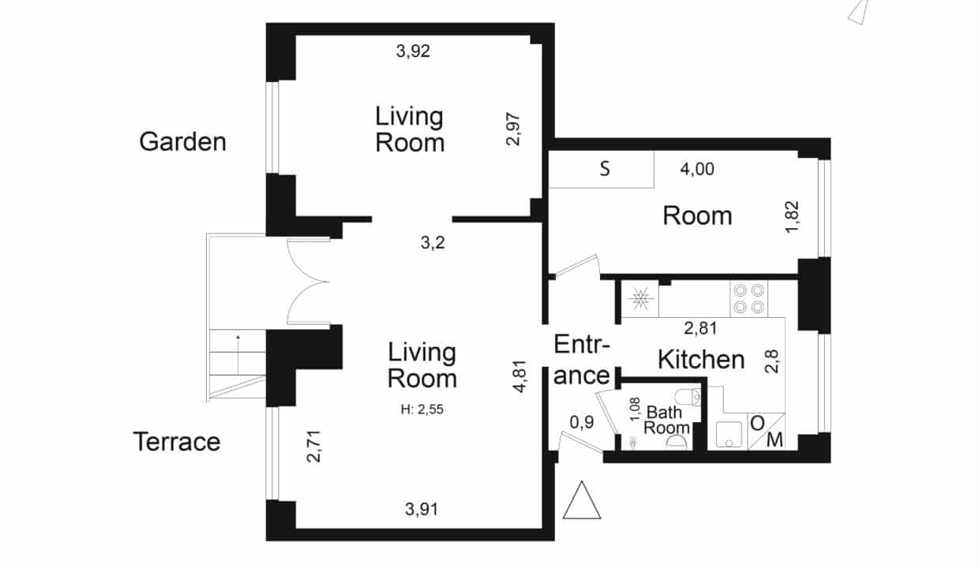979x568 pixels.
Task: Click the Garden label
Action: (x=182, y=142)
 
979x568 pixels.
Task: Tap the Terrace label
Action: (x=177, y=442)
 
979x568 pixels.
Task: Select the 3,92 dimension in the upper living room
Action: (x=413, y=51)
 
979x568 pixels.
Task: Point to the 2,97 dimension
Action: (x=513, y=129)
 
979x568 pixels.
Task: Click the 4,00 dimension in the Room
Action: (x=697, y=169)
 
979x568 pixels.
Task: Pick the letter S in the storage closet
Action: (x=605, y=169)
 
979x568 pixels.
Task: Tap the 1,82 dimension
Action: (x=792, y=216)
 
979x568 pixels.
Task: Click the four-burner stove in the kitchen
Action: (x=748, y=299)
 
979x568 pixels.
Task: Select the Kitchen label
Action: (x=701, y=360)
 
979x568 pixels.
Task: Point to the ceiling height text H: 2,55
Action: (x=422, y=409)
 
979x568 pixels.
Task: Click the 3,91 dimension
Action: (x=422, y=509)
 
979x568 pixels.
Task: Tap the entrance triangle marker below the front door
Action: (x=582, y=500)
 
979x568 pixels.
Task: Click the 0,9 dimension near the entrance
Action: (x=582, y=422)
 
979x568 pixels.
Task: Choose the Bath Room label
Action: (x=666, y=420)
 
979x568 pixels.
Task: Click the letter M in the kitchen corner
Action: (x=775, y=440)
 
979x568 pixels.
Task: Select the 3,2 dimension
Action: (x=433, y=243)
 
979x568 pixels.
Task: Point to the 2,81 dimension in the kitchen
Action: (x=700, y=328)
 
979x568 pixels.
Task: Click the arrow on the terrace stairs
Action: (x=238, y=354)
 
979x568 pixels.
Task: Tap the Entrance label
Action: (x=582, y=361)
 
